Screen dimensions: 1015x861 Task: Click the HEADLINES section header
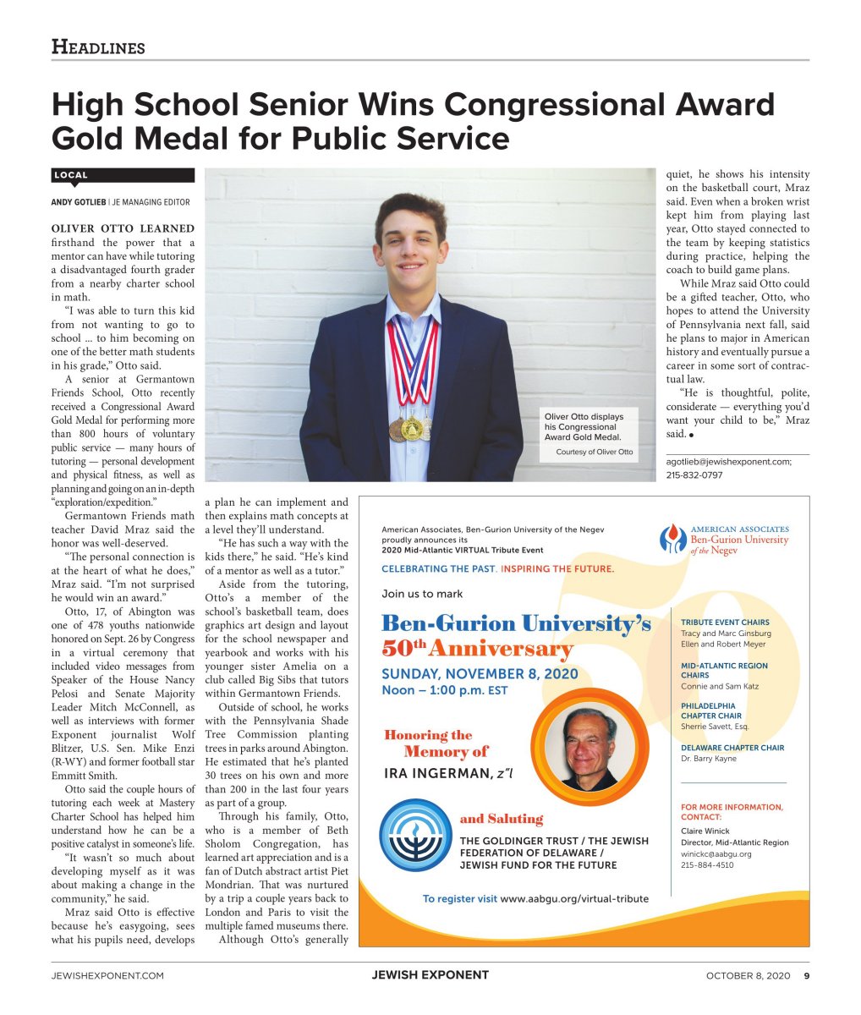pos(98,47)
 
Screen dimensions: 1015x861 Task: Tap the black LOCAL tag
pos(71,175)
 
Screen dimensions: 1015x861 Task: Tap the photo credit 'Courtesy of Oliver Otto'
pos(594,453)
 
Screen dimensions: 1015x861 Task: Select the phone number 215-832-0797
pos(694,475)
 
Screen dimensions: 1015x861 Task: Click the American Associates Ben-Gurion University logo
pos(724,539)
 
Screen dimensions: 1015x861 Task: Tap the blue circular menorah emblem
pos(415,836)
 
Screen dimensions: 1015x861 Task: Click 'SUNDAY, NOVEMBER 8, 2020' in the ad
pos(480,674)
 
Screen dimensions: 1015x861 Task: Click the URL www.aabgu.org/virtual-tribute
pos(574,898)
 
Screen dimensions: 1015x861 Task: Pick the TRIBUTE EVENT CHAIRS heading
pos(725,623)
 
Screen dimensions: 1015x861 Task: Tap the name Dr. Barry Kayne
pos(709,759)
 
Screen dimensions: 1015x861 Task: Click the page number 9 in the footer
pos(806,975)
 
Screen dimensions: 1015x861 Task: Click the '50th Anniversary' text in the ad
pos(477,650)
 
